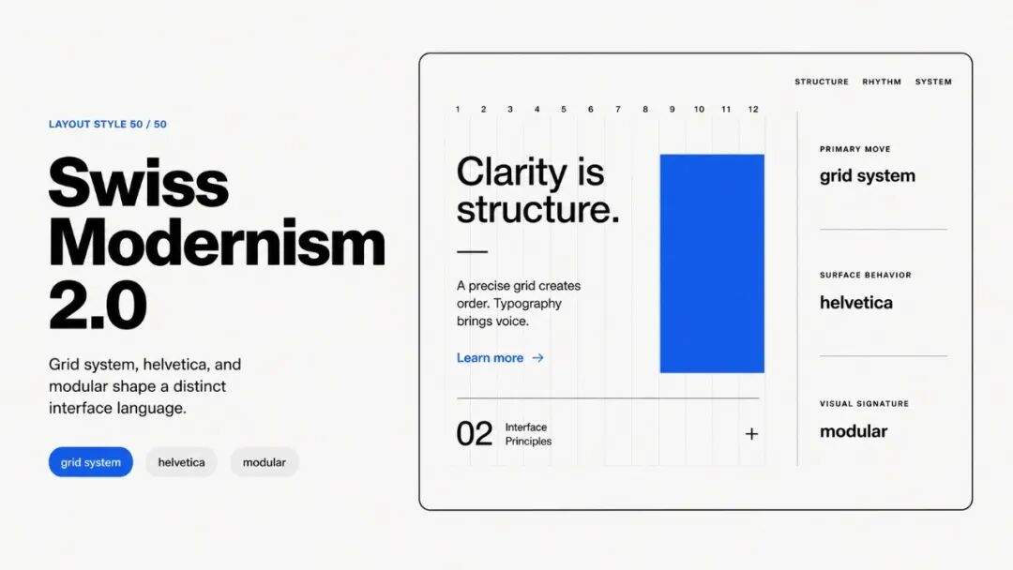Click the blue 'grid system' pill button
90,462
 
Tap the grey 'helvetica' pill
181,462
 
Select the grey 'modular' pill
265,462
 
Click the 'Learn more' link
490,357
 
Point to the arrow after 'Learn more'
537,357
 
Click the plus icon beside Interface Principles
751,434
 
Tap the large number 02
475,434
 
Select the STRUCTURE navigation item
821,82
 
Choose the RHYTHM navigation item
881,82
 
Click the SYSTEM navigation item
933,82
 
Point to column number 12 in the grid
753,109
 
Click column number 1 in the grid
458,109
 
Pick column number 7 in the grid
617,109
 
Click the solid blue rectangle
712,263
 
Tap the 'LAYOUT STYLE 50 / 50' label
107,124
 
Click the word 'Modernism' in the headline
217,244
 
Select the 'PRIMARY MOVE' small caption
854,149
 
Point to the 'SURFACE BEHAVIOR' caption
865,275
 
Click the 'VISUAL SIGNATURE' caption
864,403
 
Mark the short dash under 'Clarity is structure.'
472,252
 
